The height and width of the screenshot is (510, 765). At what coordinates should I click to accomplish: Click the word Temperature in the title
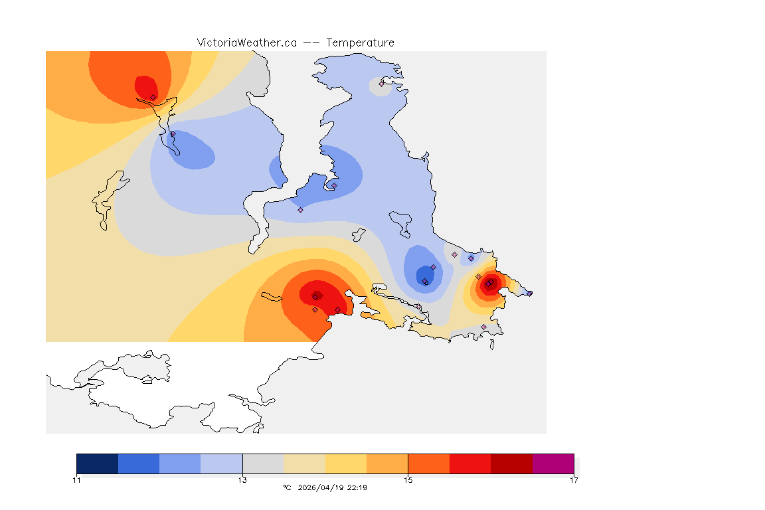tap(360, 42)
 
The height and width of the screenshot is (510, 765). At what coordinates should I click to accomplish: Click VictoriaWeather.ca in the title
tap(246, 42)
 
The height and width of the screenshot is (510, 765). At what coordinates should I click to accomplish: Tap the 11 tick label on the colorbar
tap(77, 480)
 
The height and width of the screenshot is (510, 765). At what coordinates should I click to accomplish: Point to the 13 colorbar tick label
tap(242, 480)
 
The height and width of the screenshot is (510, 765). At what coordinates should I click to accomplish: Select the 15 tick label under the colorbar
tap(408, 480)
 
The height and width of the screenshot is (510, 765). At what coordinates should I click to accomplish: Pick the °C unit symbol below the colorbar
tap(287, 487)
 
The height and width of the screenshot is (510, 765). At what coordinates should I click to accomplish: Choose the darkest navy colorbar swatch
tap(98, 464)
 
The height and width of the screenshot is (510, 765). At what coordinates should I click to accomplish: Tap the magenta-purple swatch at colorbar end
tap(553, 464)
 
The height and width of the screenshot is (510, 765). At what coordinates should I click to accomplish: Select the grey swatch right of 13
tap(263, 464)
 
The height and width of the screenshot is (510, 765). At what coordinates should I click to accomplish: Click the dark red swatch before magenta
tap(512, 464)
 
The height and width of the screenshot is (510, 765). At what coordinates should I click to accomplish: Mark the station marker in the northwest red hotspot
tap(153, 97)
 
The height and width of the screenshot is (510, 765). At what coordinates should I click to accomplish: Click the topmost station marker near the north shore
tap(381, 84)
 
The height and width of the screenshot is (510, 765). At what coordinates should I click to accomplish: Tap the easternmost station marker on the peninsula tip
tap(529, 293)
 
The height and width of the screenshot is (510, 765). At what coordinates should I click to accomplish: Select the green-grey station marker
tap(454, 254)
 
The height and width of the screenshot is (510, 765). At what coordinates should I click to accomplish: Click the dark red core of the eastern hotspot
tap(488, 284)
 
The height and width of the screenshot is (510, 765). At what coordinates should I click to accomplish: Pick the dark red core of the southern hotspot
tap(316, 296)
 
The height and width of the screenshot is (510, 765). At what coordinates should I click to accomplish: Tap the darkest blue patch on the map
tap(423, 274)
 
